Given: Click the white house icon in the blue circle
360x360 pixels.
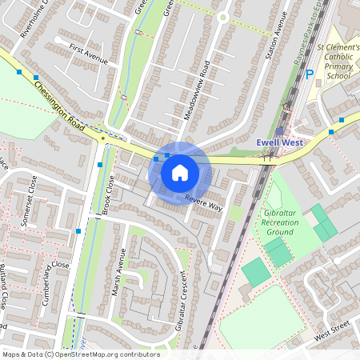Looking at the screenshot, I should (180, 173).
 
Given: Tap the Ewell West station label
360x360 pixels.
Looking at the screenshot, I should (280, 142).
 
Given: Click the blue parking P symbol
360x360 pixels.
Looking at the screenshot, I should (310, 75).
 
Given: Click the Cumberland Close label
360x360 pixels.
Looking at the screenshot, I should (52, 277).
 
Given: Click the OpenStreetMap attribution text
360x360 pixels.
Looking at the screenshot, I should (80, 354).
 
